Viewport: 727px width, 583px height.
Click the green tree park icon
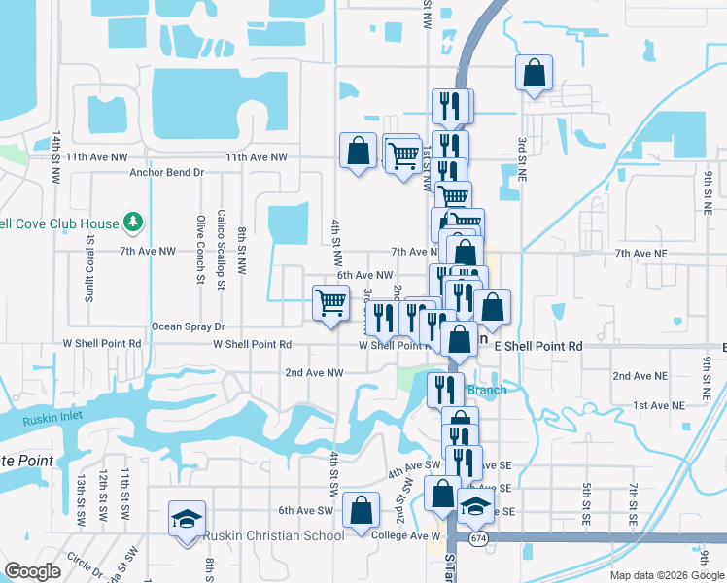(133, 223)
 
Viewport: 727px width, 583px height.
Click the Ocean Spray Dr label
(189, 326)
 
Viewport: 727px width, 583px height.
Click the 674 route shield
(479, 537)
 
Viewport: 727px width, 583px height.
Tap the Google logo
(32, 570)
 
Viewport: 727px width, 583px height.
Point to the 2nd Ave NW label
(314, 372)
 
